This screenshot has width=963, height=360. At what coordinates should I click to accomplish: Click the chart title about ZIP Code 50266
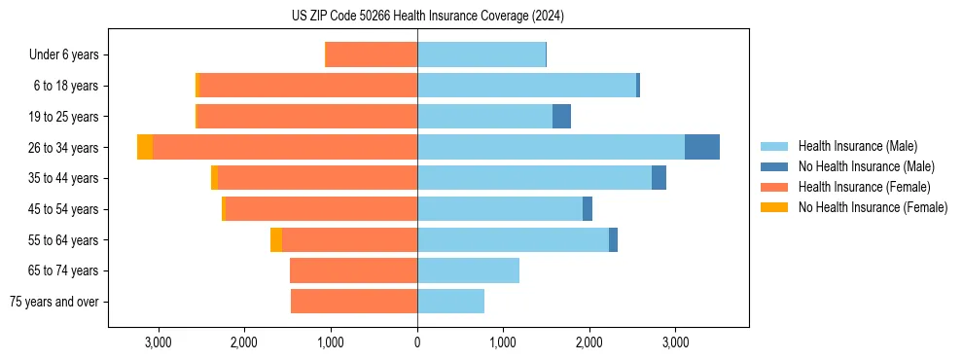(428, 16)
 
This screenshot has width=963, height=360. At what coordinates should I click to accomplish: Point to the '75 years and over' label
(54, 302)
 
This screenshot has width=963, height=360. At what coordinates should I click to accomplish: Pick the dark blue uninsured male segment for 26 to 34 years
(702, 147)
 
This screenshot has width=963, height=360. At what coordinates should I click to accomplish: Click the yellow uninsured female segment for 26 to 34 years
(145, 147)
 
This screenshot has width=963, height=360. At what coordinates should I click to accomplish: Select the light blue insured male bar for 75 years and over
(450, 302)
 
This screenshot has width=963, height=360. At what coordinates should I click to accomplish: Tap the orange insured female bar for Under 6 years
(371, 54)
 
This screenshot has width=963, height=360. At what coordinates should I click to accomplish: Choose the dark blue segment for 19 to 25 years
(561, 117)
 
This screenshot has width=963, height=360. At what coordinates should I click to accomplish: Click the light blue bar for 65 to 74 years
(468, 270)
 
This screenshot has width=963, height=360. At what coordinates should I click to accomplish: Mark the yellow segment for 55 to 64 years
(276, 240)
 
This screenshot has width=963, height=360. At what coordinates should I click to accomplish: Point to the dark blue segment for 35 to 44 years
(659, 178)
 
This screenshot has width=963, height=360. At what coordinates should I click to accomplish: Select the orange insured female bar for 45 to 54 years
(321, 209)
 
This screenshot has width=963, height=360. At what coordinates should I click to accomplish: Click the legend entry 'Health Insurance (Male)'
(857, 146)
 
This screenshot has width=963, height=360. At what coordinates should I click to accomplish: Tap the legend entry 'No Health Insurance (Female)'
(873, 207)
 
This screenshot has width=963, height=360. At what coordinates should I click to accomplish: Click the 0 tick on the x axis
(417, 342)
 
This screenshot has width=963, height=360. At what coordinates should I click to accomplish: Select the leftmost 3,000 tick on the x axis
(158, 342)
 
